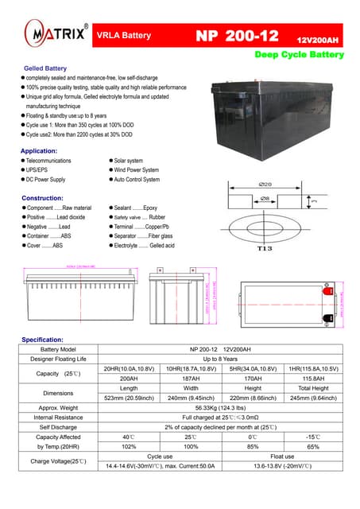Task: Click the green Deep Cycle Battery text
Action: point(299,55)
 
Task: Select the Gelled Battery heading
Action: point(46,69)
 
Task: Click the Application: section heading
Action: point(39,150)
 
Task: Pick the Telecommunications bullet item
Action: point(48,161)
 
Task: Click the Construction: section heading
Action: point(42,197)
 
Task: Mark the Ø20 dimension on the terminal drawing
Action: point(266,184)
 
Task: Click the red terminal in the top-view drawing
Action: point(325,292)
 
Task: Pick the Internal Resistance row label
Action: point(58,417)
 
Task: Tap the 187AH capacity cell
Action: point(192,379)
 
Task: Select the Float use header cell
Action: point(282,456)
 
